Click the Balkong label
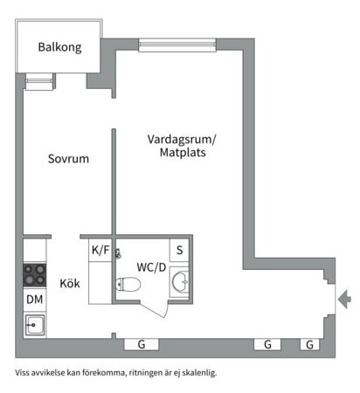click(x=59, y=48)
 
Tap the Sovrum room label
click(x=68, y=159)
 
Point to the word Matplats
click(x=183, y=153)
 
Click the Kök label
click(x=70, y=283)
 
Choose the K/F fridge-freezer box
click(x=100, y=250)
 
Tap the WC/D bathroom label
click(x=151, y=266)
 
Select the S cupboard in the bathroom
click(x=180, y=250)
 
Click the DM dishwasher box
click(x=35, y=300)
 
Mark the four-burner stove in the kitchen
click(x=35, y=275)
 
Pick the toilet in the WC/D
click(x=128, y=284)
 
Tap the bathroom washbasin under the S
click(x=181, y=281)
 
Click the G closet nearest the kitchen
click(x=141, y=344)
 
